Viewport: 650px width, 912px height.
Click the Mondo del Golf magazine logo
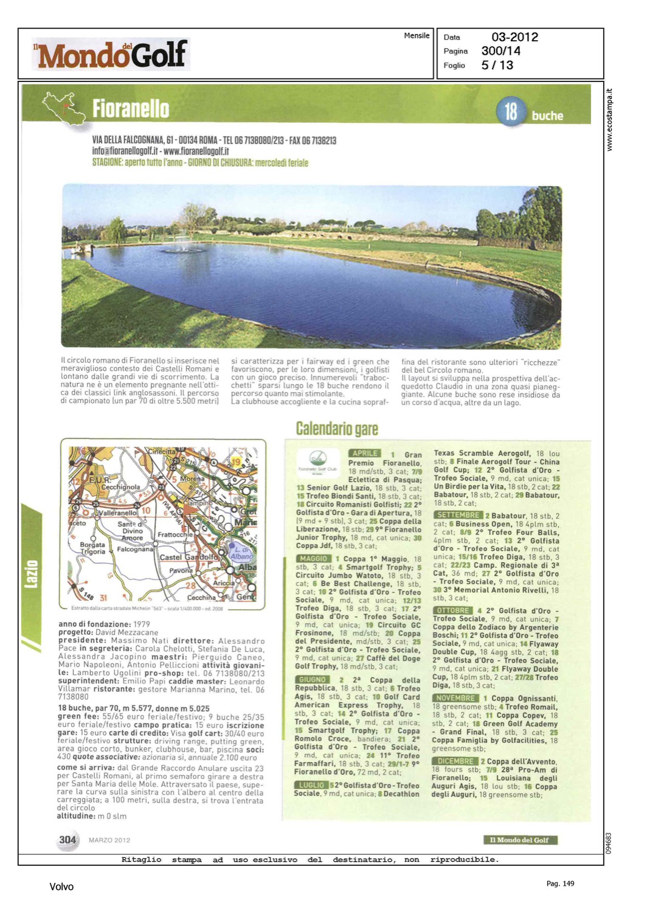click(111, 55)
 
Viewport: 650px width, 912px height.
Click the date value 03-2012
click(514, 37)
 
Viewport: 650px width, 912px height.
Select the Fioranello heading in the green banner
click(131, 109)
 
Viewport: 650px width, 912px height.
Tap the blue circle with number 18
click(511, 112)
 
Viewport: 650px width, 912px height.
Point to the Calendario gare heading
click(337, 429)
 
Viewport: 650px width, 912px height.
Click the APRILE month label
click(365, 454)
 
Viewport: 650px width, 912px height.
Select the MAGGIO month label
click(314, 559)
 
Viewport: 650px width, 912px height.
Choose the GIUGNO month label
click(313, 680)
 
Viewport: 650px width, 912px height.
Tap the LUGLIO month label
click(311, 785)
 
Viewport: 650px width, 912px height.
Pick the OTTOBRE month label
click(453, 610)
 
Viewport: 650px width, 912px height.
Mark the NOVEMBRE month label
click(455, 698)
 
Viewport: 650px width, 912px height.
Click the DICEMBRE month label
click(455, 761)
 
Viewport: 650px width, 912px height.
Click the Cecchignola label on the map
click(120, 487)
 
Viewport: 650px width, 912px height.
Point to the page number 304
click(67, 840)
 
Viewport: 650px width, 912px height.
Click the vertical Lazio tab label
click(31, 573)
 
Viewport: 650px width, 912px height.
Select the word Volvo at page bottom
click(61, 886)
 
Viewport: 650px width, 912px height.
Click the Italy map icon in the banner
click(63, 108)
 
